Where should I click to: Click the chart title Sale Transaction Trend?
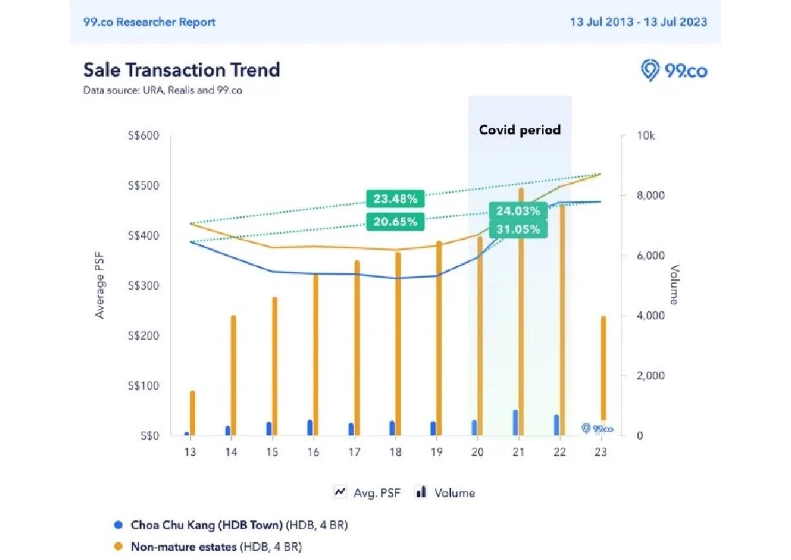(182, 70)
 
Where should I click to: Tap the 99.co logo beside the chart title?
(674, 70)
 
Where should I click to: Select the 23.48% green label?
(395, 198)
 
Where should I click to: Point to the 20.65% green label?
(395, 221)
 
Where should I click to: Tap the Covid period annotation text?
(520, 130)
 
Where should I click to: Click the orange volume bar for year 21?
(521, 310)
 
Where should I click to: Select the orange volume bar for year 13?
(192, 412)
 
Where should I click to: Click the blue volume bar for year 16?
(310, 428)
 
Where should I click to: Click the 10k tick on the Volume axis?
(645, 136)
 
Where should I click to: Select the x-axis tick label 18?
(395, 453)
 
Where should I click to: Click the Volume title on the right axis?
(674, 285)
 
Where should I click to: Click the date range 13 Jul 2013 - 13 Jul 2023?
(638, 22)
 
